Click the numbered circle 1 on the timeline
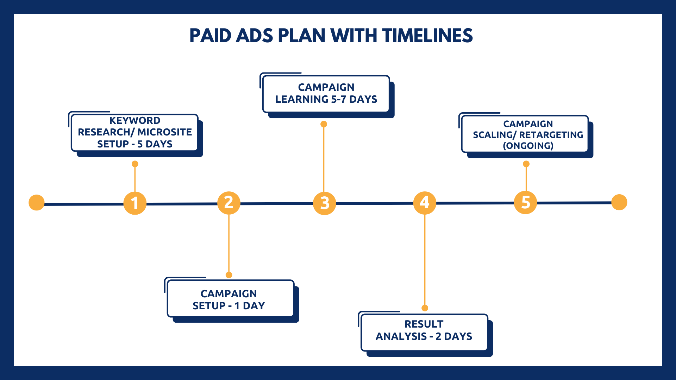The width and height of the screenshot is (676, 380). tap(135, 203)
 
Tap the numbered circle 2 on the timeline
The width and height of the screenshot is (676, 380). tap(229, 203)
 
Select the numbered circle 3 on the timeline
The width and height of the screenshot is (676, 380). tap(325, 203)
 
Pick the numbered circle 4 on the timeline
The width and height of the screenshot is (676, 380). tap(425, 203)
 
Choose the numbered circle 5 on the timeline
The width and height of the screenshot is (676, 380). tap(525, 203)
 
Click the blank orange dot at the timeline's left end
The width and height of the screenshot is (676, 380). tap(37, 203)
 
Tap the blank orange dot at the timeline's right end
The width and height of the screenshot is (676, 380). tap(619, 202)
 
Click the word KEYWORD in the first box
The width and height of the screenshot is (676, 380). tap(135, 120)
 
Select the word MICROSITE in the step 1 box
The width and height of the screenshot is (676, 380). tap(165, 132)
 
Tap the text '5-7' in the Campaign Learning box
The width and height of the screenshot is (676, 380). tap(339, 99)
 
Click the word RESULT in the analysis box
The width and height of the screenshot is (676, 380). tap(424, 324)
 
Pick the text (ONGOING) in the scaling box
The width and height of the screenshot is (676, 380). tap(528, 146)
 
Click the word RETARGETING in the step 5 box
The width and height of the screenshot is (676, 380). tap(551, 135)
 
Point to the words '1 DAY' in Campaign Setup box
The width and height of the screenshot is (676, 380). tap(250, 306)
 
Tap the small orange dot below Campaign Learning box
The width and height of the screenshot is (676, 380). tap(324, 124)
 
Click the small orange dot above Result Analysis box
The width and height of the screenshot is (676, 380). tap(425, 308)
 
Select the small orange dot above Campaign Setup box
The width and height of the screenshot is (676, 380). tap(229, 275)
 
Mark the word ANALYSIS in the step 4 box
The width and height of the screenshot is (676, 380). tap(401, 336)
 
